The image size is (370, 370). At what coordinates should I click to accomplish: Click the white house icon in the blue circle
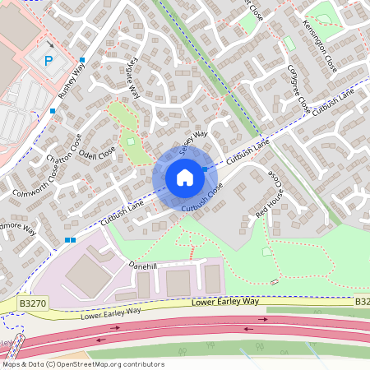point(184,178)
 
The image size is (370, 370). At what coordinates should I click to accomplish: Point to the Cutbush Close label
point(204,202)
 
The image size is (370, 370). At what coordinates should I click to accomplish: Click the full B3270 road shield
point(32,303)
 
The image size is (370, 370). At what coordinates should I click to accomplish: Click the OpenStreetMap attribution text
point(82,363)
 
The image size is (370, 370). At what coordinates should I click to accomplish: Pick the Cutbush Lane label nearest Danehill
point(121,215)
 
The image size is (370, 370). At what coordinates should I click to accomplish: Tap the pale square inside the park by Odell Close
point(130,145)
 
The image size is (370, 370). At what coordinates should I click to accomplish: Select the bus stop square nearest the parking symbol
point(82,59)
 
